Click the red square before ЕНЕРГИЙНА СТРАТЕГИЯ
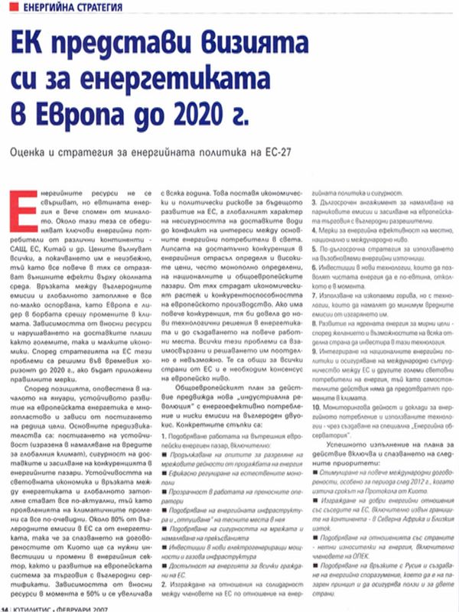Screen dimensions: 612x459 5,9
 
